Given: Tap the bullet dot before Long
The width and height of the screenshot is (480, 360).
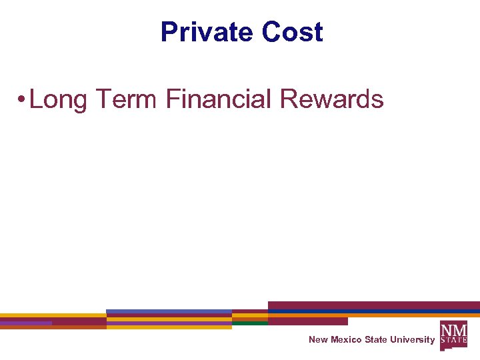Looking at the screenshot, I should coord(22,100).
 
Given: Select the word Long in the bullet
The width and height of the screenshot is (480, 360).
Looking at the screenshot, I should coord(59,100).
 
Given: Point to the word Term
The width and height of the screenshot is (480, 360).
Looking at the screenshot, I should coord(127,99).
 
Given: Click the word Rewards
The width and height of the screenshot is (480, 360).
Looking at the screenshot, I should coord(332,99).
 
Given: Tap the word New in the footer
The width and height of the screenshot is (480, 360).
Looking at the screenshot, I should coord(318,340).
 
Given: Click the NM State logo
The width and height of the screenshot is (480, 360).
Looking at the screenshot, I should coord(453,335).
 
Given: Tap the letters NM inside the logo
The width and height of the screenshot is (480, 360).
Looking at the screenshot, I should coord(453,329).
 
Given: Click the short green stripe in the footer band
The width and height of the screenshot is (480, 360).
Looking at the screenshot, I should coord(250,323).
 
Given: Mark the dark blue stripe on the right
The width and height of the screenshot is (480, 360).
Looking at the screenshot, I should coord(373,312).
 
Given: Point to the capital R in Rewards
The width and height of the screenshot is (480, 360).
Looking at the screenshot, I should coord(287,99).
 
